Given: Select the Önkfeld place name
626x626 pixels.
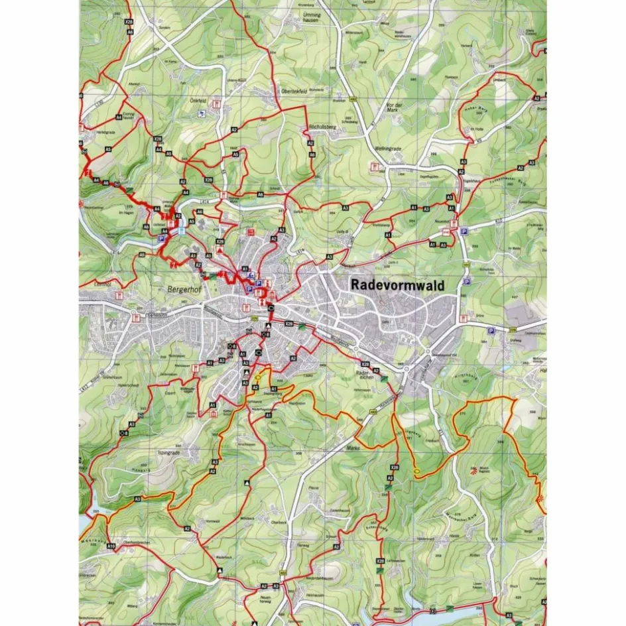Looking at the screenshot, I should tap(199, 102).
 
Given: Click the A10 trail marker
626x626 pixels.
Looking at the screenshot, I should tap(111, 546).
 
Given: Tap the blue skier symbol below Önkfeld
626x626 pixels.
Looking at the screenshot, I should tap(201, 115).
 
